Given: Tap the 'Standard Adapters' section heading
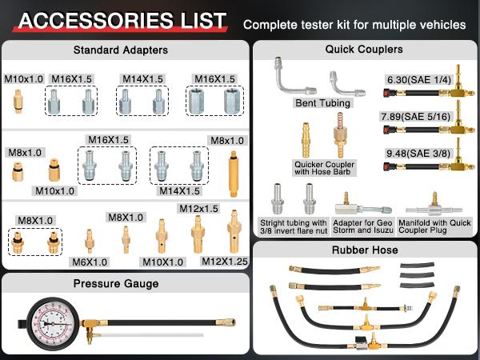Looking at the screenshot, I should point(121,50).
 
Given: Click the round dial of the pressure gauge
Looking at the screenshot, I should point(50,326).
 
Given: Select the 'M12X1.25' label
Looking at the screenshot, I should point(226,261).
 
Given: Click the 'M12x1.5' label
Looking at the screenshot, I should point(198,209).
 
